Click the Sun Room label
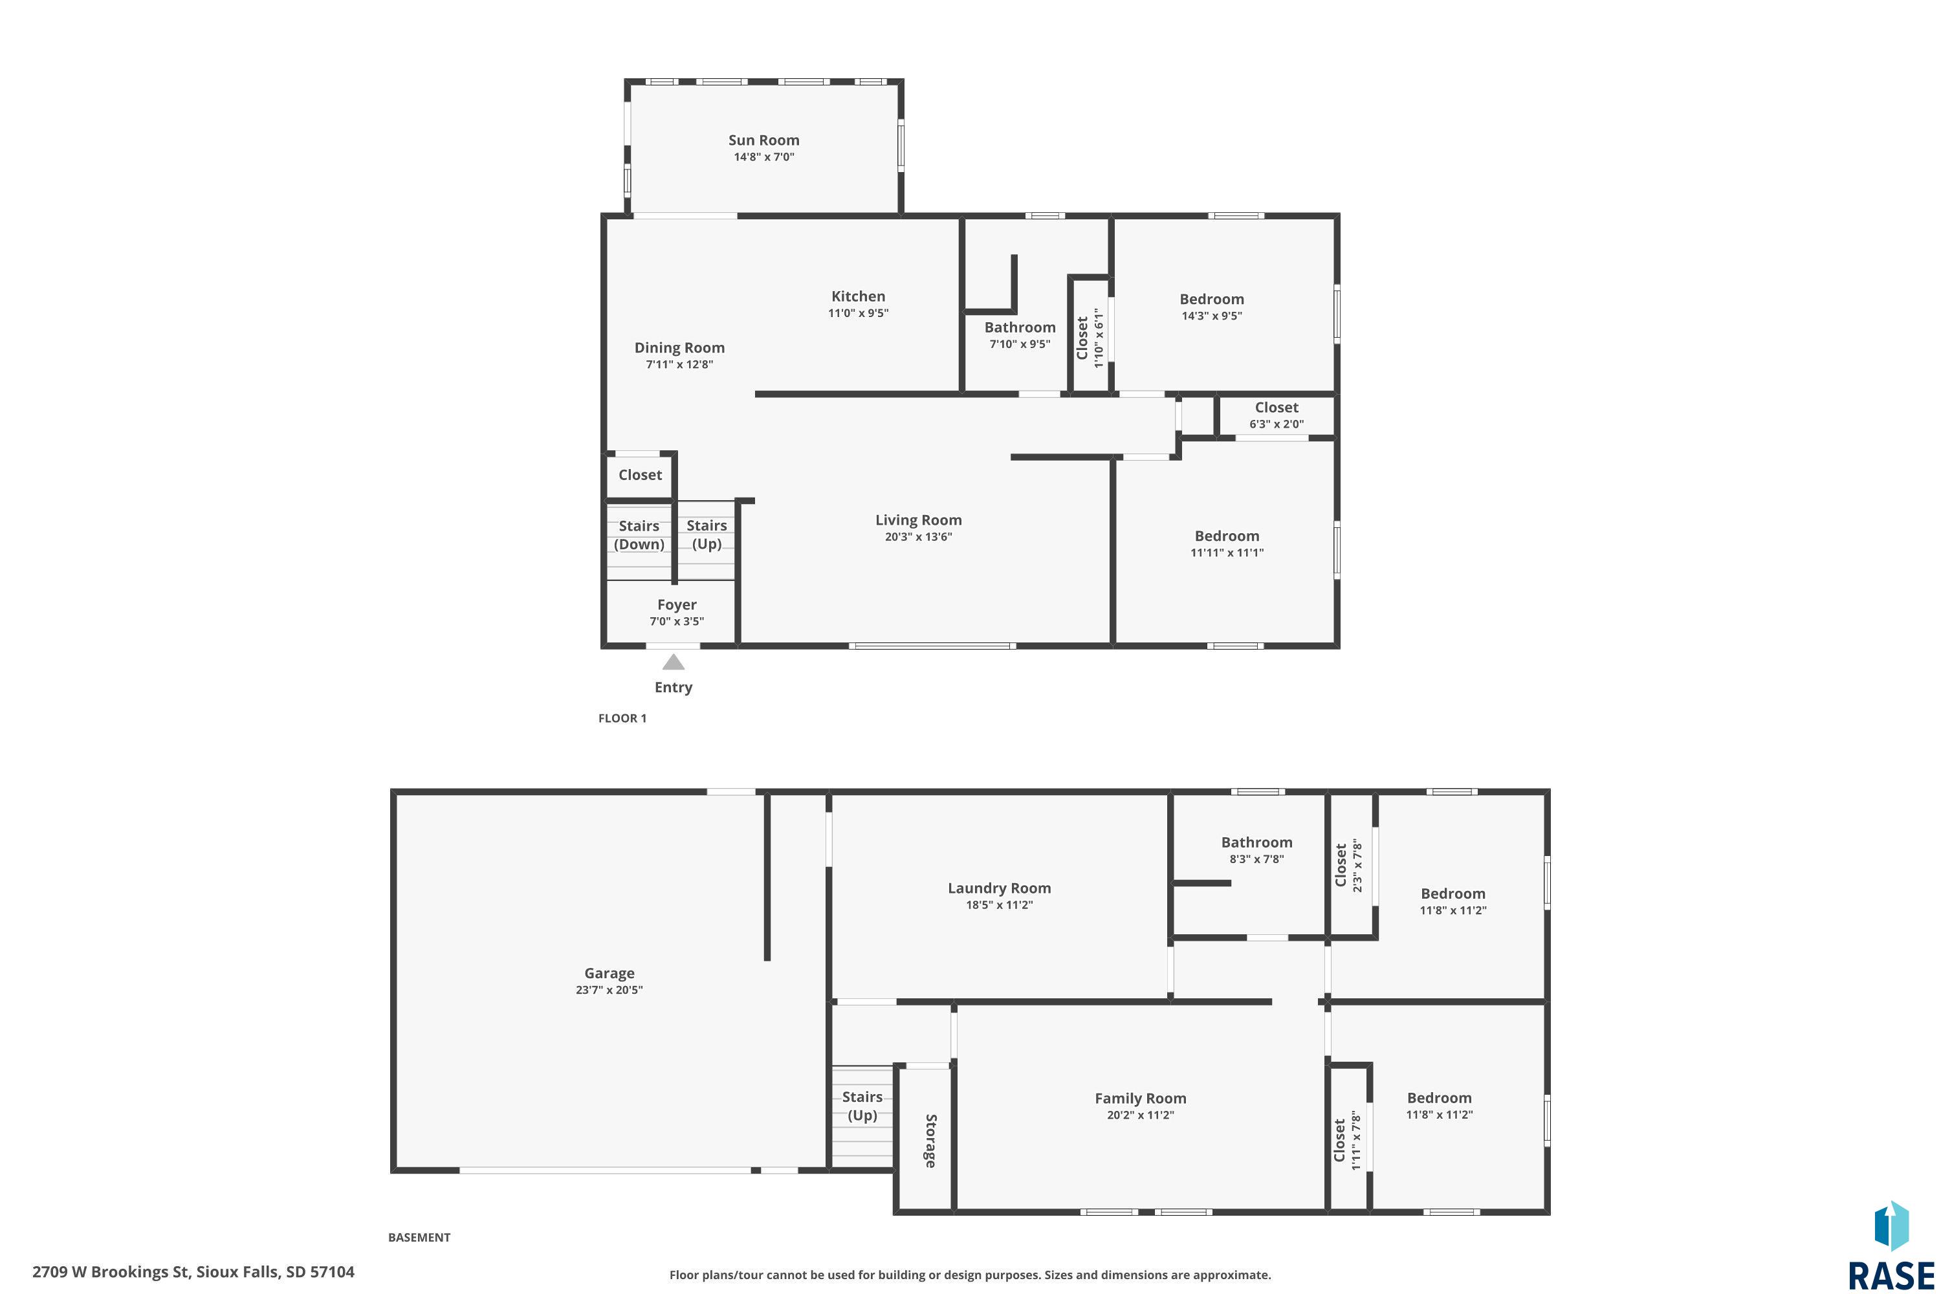tap(763, 140)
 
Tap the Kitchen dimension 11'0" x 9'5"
tap(859, 313)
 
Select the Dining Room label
tap(679, 348)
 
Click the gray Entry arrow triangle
tap(674, 662)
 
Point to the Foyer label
tap(677, 605)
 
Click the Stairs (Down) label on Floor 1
tap(639, 535)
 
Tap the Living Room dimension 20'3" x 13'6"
tap(919, 536)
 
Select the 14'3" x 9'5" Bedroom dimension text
tap(1211, 315)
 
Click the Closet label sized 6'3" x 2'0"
tap(1277, 408)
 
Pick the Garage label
tap(609, 974)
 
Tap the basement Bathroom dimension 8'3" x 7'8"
tap(1257, 859)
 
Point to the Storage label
tap(930, 1141)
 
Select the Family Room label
tap(1141, 1099)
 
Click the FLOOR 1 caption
tap(622, 718)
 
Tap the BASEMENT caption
tap(419, 1237)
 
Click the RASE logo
tap(1891, 1246)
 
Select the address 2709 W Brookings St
tap(111, 1272)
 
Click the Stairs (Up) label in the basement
tap(862, 1106)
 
